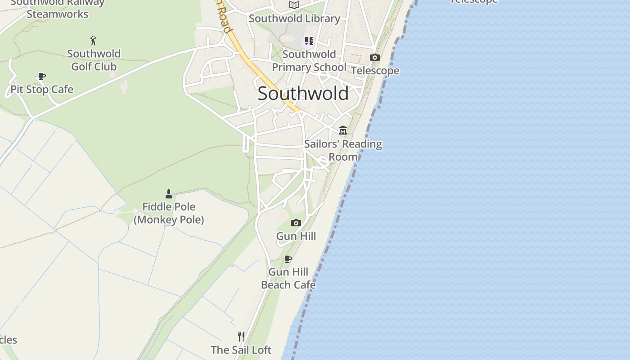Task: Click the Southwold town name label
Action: coord(303,94)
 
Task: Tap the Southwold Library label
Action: coord(294,18)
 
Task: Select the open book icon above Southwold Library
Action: coord(294,5)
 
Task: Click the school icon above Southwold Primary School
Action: coord(309,41)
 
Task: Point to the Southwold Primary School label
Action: coord(309,61)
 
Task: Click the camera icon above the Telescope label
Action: coord(374,57)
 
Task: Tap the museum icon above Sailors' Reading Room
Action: coord(343,130)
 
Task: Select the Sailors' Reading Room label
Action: coord(343,150)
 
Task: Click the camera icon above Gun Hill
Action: coord(296,223)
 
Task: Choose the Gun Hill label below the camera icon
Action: coord(296,236)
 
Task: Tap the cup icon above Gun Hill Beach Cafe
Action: coord(288,259)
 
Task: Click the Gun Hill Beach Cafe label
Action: coord(288,279)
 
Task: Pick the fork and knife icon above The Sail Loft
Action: coord(241,336)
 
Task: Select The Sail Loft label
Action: coord(241,350)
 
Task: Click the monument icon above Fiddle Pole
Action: coord(169,194)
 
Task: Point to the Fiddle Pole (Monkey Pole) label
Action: coord(169,213)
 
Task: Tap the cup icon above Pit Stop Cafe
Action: coord(42,76)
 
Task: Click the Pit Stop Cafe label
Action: coord(42,90)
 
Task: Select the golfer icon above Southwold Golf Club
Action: coord(94,40)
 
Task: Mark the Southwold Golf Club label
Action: coord(94,60)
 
